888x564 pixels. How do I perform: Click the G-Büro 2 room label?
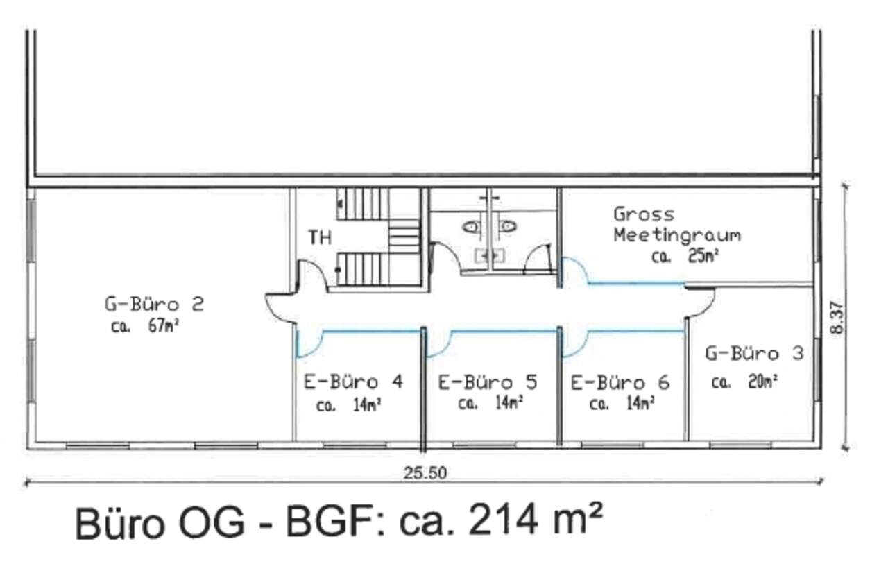tap(154, 304)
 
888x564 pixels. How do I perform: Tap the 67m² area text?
tap(164, 325)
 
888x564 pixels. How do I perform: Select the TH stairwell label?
tap(320, 237)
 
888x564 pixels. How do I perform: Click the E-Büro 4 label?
tap(353, 382)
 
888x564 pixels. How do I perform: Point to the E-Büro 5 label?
tap(488, 382)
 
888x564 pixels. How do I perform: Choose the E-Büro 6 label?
tap(620, 382)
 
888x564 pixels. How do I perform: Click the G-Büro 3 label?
tap(754, 353)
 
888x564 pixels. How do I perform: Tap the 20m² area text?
tap(763, 382)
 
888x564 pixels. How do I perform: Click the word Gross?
tap(644, 214)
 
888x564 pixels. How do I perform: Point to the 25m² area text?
tap(703, 256)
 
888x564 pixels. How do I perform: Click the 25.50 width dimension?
tap(425, 473)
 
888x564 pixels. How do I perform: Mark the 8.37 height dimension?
tap(837, 318)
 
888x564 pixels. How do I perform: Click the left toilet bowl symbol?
tap(472, 227)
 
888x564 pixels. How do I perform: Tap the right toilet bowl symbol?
tap(507, 226)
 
